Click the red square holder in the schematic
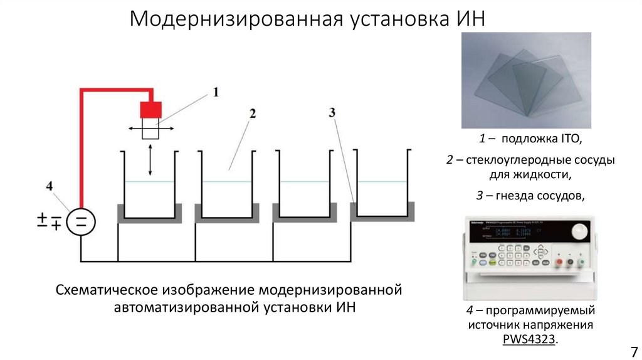coord(150,109)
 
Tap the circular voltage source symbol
coord(81,221)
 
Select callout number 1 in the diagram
coord(216,93)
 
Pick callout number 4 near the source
coord(50,186)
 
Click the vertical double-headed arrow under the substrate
coord(150,159)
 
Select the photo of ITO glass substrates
coord(526,80)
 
